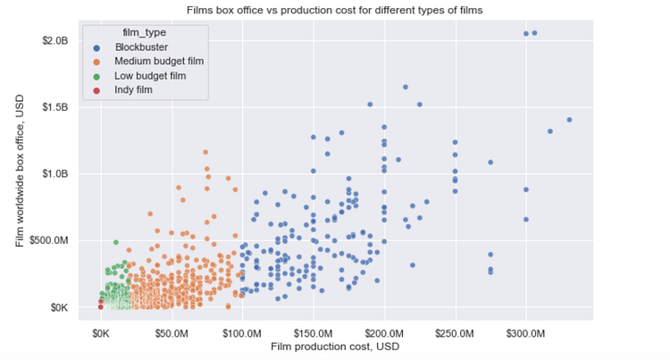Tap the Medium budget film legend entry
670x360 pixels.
[x=156, y=63]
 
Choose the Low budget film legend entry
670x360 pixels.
[x=149, y=76]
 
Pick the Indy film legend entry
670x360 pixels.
[x=134, y=90]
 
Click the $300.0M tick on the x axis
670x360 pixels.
[x=525, y=333]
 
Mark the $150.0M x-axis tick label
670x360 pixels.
[x=313, y=333]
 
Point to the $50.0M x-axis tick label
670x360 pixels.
[x=172, y=333]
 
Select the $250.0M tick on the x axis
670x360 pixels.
[x=455, y=333]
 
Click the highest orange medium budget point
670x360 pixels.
[x=205, y=153]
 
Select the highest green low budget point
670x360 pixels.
[x=115, y=242]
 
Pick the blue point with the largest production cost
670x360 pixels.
[x=569, y=120]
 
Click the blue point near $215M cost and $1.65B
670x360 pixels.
[x=406, y=87]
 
